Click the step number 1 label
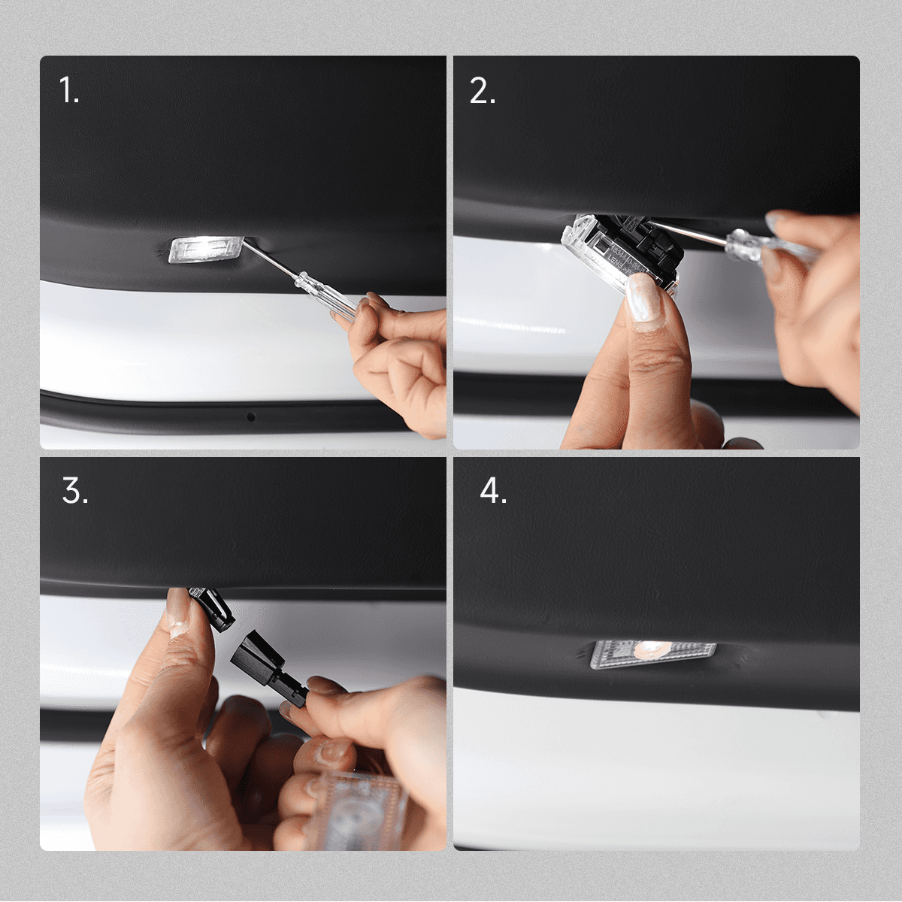68,92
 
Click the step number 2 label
482,92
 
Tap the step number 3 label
74,492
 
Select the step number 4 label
493,492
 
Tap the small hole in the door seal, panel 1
251,416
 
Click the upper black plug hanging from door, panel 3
213,607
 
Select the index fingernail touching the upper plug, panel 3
179,613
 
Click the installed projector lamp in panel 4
652,650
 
